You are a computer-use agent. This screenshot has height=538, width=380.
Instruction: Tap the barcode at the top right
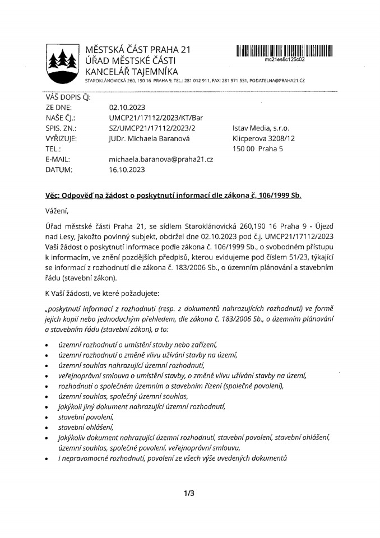(x=284, y=50)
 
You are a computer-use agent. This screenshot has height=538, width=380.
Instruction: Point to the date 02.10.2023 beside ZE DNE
(x=127, y=107)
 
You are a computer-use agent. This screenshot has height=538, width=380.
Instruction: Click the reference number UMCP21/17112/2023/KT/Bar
(x=149, y=118)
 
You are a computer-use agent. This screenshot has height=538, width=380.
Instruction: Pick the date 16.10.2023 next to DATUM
(x=127, y=169)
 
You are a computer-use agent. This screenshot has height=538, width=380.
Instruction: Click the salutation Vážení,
(x=57, y=211)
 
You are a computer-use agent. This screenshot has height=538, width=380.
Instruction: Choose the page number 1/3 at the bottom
(x=189, y=494)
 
